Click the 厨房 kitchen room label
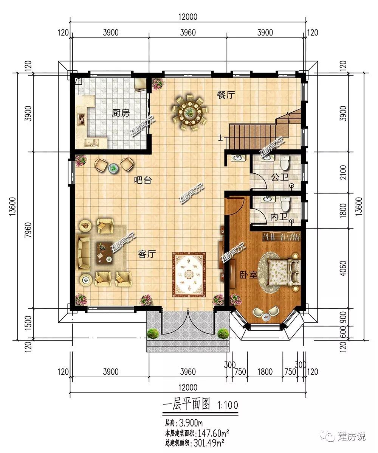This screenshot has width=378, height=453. point(121,113)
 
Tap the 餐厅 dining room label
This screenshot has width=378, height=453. point(226,95)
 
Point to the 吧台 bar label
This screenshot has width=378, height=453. point(143,181)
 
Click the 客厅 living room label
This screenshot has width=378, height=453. point(147,254)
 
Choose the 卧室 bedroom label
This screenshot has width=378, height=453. point(249,274)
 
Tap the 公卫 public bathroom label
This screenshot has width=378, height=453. point(280,177)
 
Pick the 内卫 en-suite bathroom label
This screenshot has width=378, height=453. point(279,217)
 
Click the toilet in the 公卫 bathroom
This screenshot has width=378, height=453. point(285,163)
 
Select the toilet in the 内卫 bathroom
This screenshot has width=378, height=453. point(285,203)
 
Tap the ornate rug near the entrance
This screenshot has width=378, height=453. point(189,274)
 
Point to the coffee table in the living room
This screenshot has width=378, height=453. point(104,252)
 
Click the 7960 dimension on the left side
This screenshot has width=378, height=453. point(28,230)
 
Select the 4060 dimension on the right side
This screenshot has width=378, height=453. point(343,268)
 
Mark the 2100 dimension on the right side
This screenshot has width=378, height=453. point(343,173)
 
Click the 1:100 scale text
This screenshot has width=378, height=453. point(228,405)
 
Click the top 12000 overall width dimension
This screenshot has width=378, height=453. point(188,17)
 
